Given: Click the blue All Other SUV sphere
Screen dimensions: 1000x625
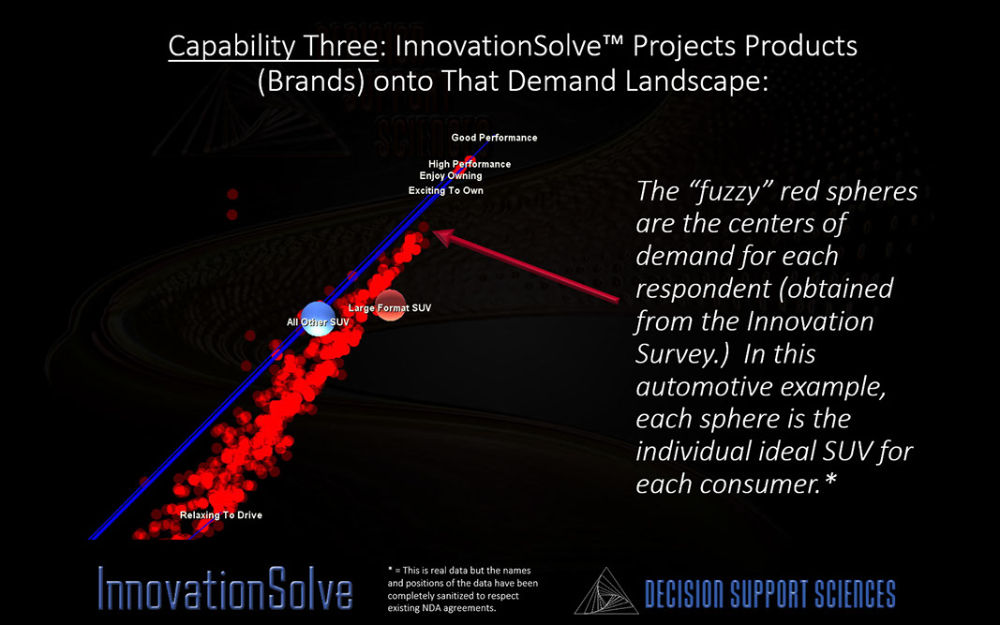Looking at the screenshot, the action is tap(318, 319).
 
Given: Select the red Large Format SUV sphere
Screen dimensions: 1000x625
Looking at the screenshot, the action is tap(390, 305).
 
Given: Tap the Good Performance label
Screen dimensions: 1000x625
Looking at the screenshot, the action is tap(494, 137).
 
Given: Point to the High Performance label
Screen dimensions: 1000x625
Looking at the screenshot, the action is tap(470, 164).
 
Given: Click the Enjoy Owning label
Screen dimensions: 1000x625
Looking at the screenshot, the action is tap(451, 176).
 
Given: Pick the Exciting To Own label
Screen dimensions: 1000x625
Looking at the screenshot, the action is tap(446, 191).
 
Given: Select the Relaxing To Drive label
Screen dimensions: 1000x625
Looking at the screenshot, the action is tap(220, 515).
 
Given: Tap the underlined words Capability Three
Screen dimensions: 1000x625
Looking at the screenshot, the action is tap(273, 47).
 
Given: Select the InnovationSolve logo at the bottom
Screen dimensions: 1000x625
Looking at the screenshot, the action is tap(225, 588).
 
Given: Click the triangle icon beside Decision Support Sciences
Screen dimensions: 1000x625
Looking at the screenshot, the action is tap(605, 591).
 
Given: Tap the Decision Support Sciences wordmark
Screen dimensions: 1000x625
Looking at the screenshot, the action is tap(769, 594).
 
